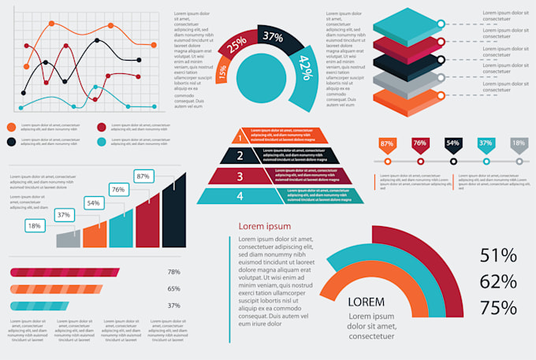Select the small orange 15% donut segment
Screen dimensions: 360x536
(x=223, y=73)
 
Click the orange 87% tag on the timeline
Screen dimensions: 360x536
(x=387, y=144)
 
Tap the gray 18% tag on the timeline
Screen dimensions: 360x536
(x=519, y=144)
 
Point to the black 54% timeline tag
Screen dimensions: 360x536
(x=452, y=144)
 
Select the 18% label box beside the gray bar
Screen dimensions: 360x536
(x=35, y=226)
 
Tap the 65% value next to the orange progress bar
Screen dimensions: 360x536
(x=173, y=289)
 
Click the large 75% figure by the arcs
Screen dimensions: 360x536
(x=497, y=307)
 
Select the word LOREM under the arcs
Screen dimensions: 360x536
(x=367, y=302)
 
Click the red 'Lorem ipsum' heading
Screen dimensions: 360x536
(x=264, y=226)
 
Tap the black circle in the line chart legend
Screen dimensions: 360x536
(x=12, y=142)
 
